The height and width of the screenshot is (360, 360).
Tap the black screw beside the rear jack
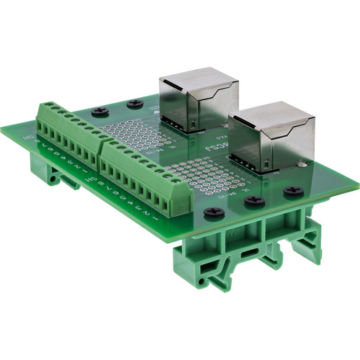coord(135,104)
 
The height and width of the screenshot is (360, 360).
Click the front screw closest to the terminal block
coord(213,213)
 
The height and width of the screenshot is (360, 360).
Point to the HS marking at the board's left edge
coord(28,134)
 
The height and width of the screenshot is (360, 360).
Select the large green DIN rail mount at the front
coord(245,252)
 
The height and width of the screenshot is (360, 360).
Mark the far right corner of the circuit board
coord(357,186)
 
